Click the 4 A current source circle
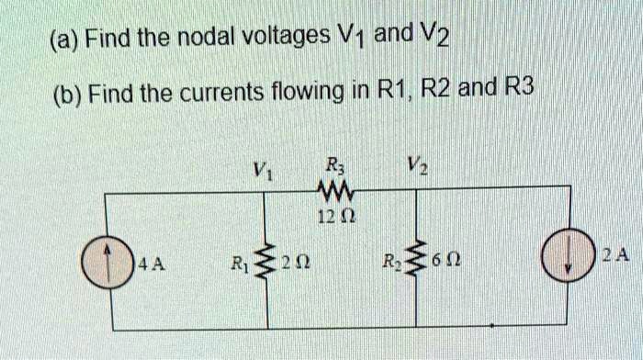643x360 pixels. [x=113, y=264]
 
